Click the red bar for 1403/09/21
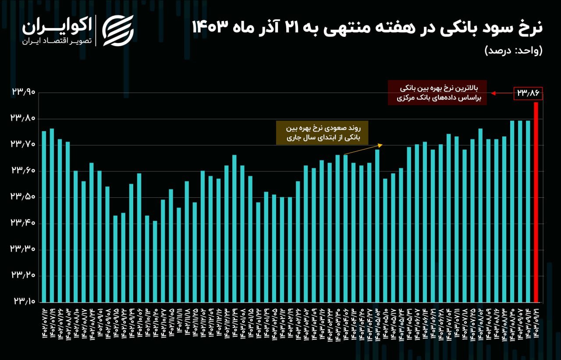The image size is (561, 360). (x=536, y=202)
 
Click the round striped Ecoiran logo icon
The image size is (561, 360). (x=118, y=30)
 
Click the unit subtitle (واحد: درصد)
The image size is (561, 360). (x=513, y=50)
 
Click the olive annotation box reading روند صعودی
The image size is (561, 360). (x=322, y=133)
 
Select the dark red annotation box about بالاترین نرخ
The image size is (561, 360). (x=437, y=93)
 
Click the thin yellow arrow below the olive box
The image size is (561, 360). (x=364, y=149)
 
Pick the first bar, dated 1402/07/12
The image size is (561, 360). (x=44, y=217)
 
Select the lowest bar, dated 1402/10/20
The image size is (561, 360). (x=155, y=261)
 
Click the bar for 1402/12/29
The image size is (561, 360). (x=234, y=228)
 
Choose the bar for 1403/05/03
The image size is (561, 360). (x=377, y=225)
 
